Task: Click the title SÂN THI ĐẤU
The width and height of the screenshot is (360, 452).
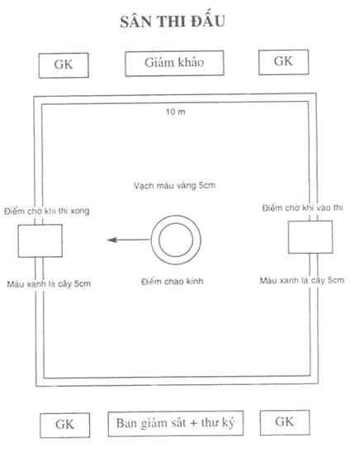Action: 173,21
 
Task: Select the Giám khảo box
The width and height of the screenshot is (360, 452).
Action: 174,64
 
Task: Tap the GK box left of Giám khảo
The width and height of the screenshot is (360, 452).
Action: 64,65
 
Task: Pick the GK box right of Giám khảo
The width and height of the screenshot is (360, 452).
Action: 283,62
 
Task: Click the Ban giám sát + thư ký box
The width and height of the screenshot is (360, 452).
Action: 176,423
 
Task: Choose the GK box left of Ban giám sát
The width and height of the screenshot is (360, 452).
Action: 64,426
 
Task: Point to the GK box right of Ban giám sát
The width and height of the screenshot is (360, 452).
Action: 285,422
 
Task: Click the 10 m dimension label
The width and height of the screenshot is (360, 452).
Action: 175,112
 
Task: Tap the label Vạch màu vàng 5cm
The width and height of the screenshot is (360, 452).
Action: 174,185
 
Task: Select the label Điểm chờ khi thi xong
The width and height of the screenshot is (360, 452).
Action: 47,211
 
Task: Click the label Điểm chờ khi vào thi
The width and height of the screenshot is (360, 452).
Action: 302,207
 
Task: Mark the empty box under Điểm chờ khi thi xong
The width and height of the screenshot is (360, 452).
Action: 40,240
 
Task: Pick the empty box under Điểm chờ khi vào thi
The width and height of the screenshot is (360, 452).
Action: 310,237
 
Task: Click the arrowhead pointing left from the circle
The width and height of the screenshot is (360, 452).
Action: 111,240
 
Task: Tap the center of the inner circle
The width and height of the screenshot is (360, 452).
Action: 176,240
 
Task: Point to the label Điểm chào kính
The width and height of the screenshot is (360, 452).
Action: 173,281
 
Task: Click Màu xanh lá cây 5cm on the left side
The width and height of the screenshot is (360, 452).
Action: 49,284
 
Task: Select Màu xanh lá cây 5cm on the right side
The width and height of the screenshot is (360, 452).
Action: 302,280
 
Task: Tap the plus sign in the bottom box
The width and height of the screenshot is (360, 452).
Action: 194,423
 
